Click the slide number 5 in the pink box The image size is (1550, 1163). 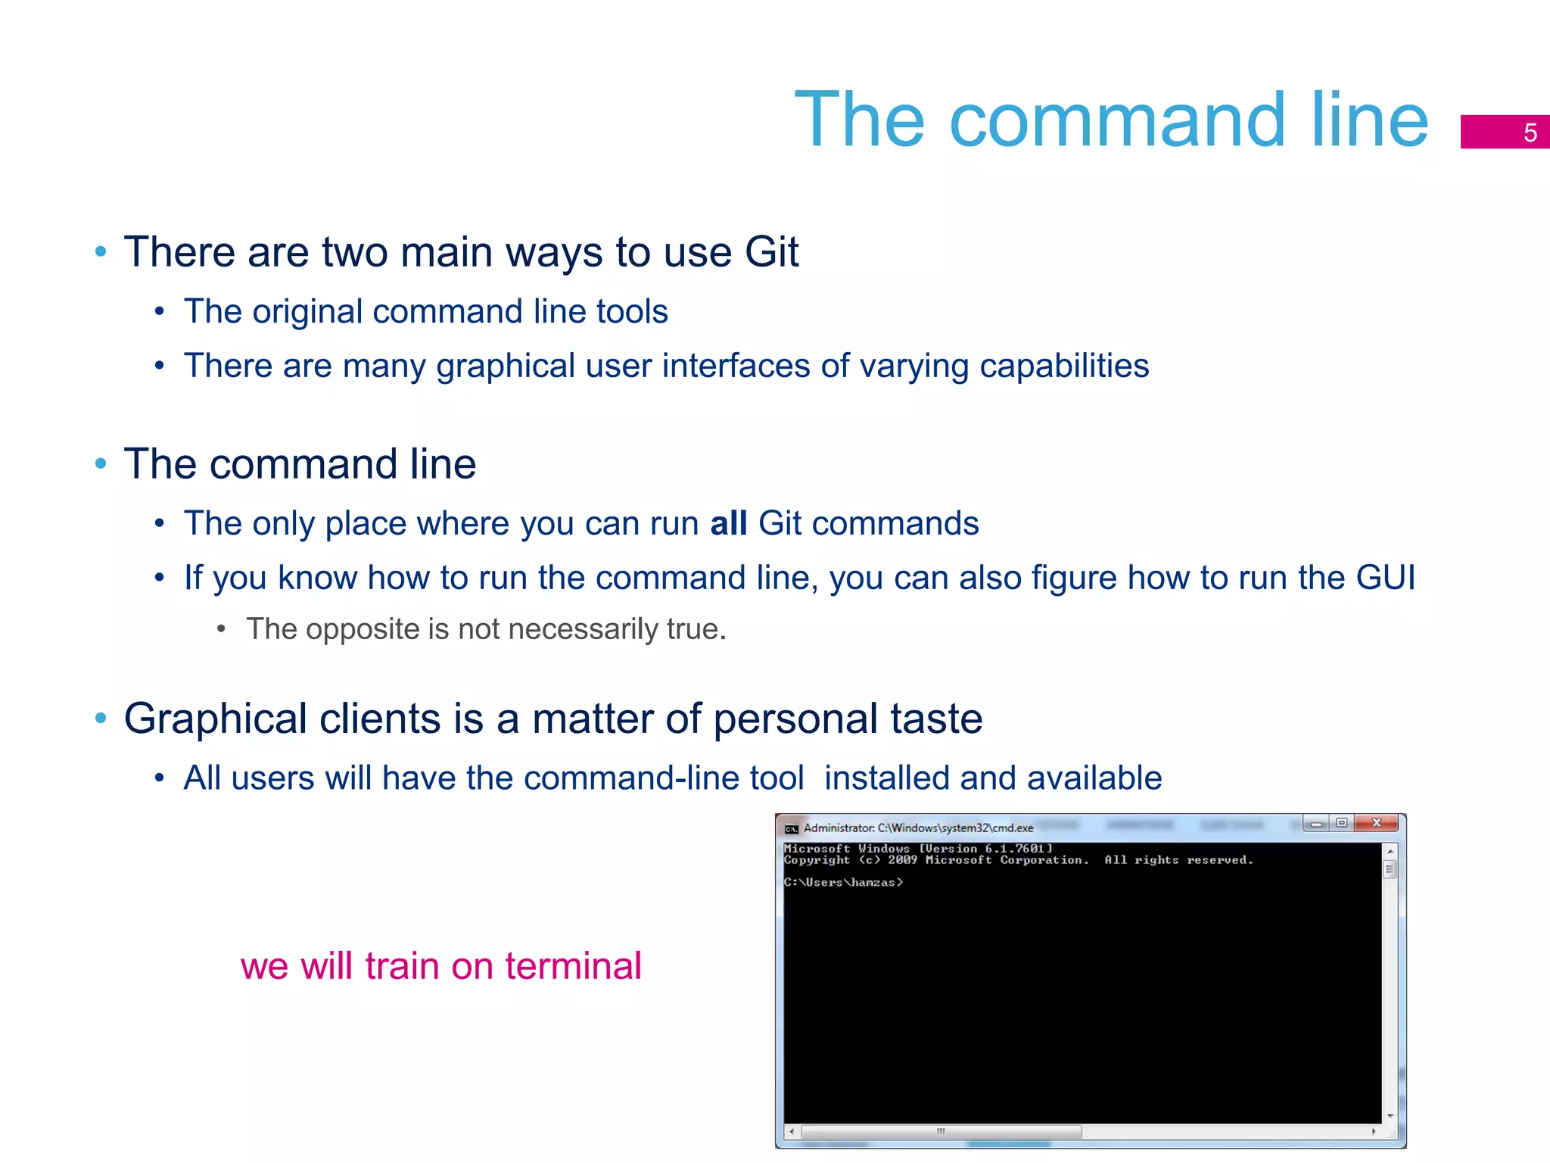pos(1530,133)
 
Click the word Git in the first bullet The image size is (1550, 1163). pos(771,252)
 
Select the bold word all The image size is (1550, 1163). pos(728,524)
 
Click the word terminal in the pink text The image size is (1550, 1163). pos(573,967)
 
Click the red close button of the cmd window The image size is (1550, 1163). pos(1377,823)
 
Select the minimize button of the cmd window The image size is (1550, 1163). pos(1316,824)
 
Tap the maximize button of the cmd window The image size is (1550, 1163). pos(1341,823)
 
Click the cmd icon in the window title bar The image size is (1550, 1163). pos(792,829)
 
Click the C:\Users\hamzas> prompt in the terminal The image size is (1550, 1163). pos(843,883)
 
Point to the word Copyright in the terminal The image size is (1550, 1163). pos(817,861)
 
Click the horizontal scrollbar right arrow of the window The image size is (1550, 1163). pos(1373,1132)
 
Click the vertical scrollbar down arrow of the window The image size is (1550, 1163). pos(1390,1116)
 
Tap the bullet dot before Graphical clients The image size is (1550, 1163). pos(101,719)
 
